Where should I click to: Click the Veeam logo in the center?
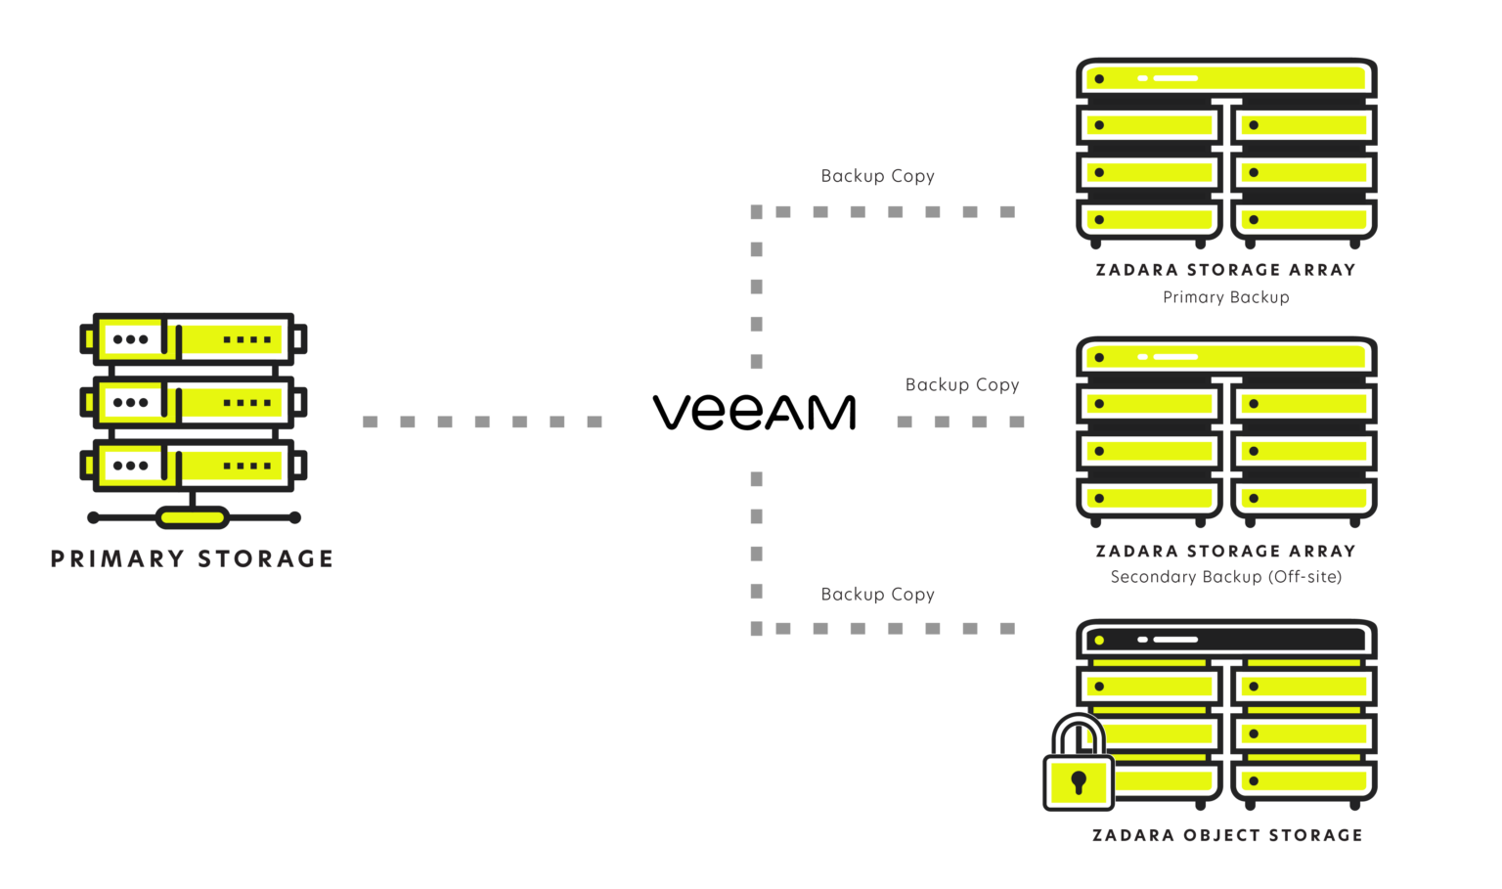(x=754, y=413)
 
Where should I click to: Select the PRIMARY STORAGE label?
(x=192, y=558)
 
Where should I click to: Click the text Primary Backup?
(x=1225, y=297)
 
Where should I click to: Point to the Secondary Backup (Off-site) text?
(x=1225, y=577)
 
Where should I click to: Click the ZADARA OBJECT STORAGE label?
(x=1226, y=835)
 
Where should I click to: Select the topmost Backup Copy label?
(x=877, y=176)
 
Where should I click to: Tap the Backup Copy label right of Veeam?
(x=962, y=385)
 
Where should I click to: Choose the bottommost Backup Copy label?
(x=877, y=595)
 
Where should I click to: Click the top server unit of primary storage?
(x=193, y=339)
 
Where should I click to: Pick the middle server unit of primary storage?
(x=193, y=402)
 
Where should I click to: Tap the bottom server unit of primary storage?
(x=193, y=465)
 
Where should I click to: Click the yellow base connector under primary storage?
(x=193, y=517)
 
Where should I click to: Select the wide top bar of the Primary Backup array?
(x=1226, y=78)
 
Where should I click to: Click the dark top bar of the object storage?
(x=1226, y=640)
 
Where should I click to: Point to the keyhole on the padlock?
(x=1079, y=781)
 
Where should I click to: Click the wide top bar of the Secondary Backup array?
(x=1226, y=357)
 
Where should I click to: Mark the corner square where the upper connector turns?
(x=756, y=212)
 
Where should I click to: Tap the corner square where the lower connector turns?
(x=756, y=629)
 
